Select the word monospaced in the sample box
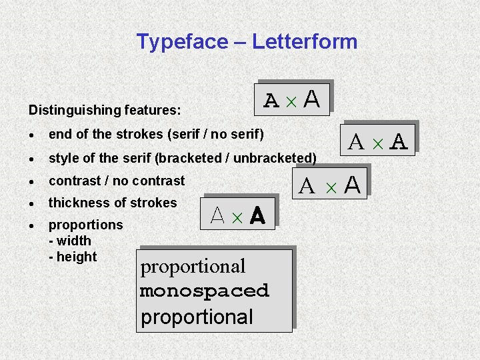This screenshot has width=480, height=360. click(x=205, y=291)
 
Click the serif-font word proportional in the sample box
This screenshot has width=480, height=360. click(x=193, y=266)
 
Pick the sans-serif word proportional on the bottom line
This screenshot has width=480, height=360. click(x=197, y=317)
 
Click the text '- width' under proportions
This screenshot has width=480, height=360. click(x=70, y=241)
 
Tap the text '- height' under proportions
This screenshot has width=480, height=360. click(x=73, y=257)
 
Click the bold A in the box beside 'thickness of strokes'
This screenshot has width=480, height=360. click(x=257, y=215)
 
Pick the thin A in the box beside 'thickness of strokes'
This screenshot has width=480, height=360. click(x=217, y=215)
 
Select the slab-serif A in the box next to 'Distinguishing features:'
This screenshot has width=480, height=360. click(x=271, y=101)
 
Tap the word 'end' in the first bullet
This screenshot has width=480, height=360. click(x=60, y=134)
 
